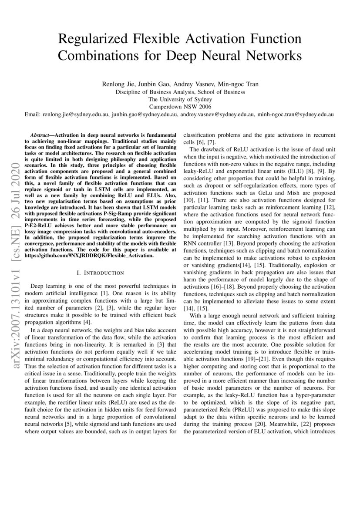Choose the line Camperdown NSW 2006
[180, 106]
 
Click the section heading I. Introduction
[100, 273]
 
